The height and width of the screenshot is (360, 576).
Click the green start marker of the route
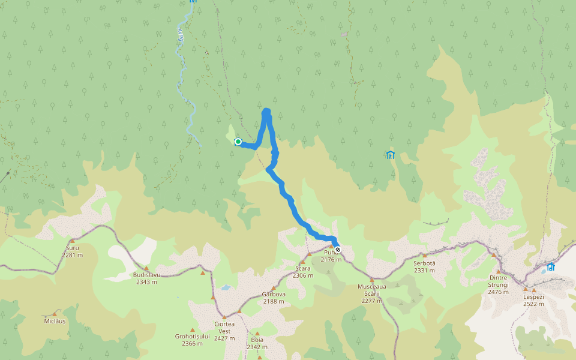(x=238, y=142)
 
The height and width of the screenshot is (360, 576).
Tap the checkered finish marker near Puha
(x=338, y=250)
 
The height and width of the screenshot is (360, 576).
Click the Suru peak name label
(x=72, y=247)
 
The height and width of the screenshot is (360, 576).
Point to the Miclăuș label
(x=54, y=321)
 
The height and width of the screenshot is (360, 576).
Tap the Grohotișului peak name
(x=193, y=336)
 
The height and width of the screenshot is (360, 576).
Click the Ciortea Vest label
(x=224, y=327)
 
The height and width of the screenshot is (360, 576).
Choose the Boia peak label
(x=257, y=339)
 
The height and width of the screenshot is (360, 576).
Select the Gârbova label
(x=273, y=294)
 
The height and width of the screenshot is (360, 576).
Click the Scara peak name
(x=303, y=268)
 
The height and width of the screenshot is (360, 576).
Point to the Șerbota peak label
(x=424, y=263)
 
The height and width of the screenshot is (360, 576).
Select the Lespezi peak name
(x=533, y=296)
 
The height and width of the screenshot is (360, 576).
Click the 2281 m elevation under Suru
(x=72, y=254)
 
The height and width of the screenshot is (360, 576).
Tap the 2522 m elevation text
(x=533, y=304)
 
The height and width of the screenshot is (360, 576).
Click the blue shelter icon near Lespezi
(x=550, y=267)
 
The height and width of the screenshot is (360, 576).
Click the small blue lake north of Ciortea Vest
(x=226, y=287)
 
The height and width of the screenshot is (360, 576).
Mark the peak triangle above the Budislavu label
(x=146, y=268)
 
